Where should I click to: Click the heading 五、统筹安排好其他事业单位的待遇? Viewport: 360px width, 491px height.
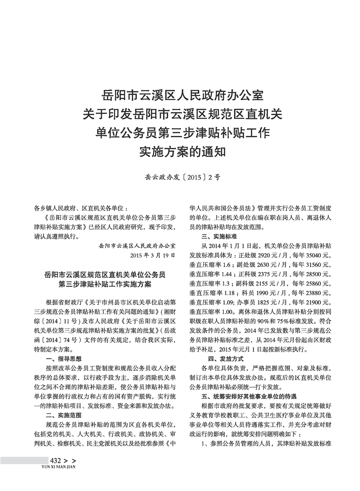(x=249, y=396)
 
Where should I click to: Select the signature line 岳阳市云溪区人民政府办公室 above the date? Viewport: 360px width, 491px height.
(x=137, y=246)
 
